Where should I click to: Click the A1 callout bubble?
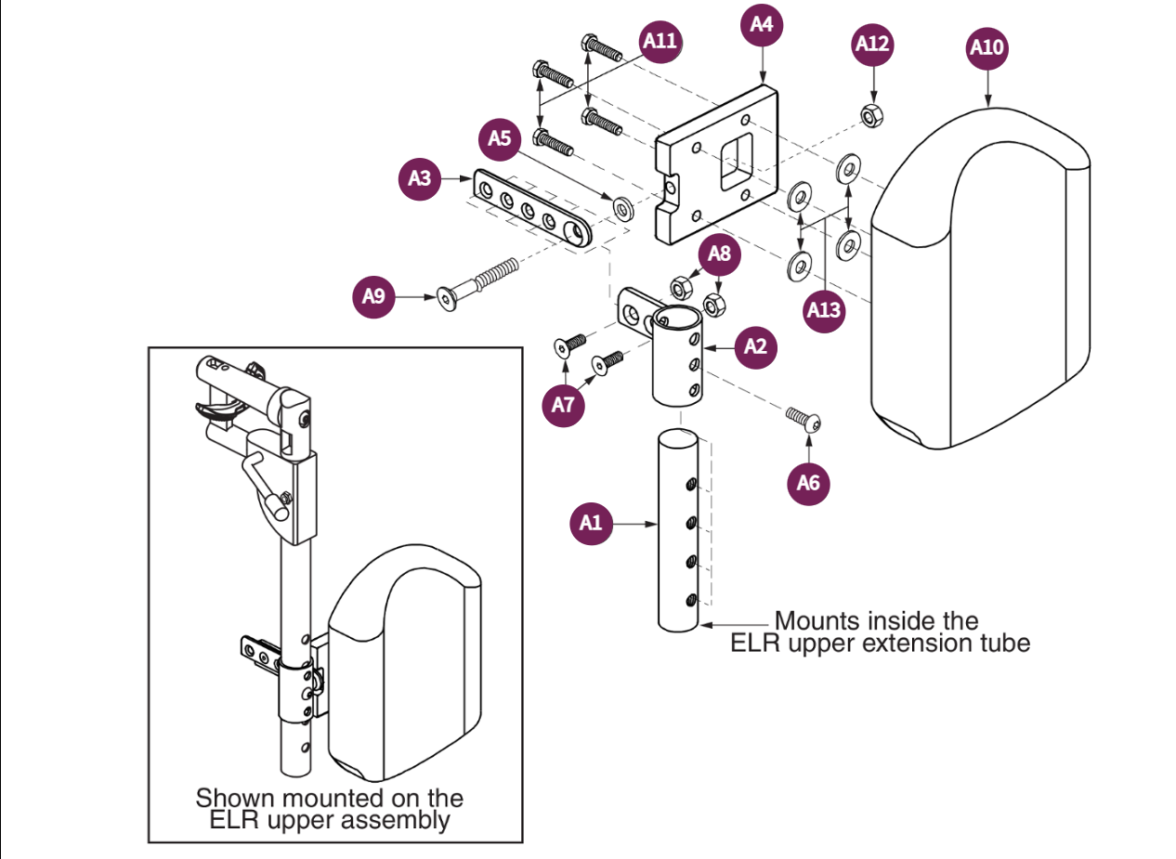[x=591, y=524]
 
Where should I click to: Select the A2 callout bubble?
[x=757, y=346]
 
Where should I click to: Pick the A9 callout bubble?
[x=373, y=297]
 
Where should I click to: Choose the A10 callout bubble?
[x=987, y=47]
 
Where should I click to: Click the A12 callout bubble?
[x=872, y=44]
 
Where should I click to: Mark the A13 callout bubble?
[x=824, y=310]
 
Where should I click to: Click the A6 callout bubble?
[x=808, y=483]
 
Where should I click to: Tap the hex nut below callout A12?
[x=872, y=116]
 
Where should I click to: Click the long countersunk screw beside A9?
[x=478, y=282]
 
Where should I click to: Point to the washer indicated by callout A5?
[x=621, y=203]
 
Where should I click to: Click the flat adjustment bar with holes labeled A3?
[x=531, y=210]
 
